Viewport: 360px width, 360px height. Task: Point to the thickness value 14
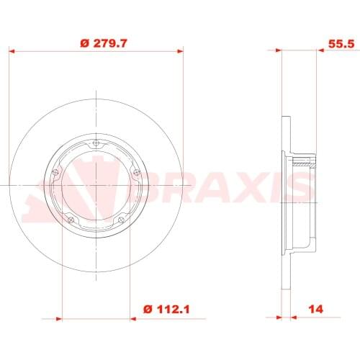(315, 310)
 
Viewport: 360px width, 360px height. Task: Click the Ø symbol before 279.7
(84, 43)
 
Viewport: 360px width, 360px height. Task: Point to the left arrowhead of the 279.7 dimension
(12, 51)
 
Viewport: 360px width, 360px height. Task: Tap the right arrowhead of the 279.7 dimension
(180, 51)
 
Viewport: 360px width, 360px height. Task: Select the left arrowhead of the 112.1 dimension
(62, 318)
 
